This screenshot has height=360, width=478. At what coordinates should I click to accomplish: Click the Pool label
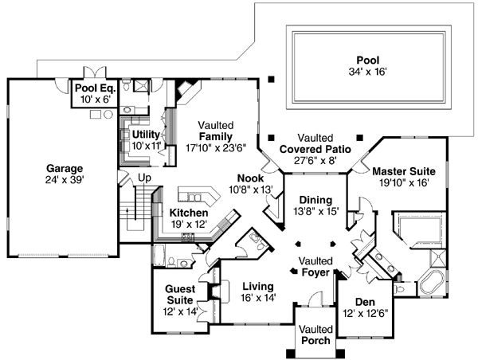[367, 59]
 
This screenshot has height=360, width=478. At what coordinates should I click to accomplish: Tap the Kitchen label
[189, 213]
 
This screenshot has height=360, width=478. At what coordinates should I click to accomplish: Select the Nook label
[249, 179]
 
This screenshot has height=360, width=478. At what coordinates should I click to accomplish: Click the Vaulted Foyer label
[316, 267]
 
